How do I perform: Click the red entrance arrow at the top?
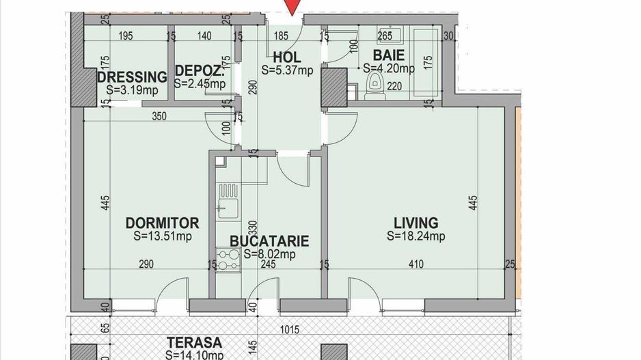pyautogui.click(x=293, y=7)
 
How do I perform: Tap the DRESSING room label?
pyautogui.click(x=132, y=77)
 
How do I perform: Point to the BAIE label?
pyautogui.click(x=388, y=55)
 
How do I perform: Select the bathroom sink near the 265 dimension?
pyautogui.click(x=386, y=37)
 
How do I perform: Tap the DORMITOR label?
pyautogui.click(x=163, y=223)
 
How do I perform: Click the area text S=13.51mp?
pyautogui.click(x=163, y=237)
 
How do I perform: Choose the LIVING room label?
pyautogui.click(x=415, y=223)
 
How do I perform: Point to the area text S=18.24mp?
pyautogui.click(x=415, y=237)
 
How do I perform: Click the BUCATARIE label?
pyautogui.click(x=269, y=241)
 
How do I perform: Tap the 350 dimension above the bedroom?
pyautogui.click(x=159, y=117)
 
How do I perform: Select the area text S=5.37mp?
pyautogui.click(x=287, y=69)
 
